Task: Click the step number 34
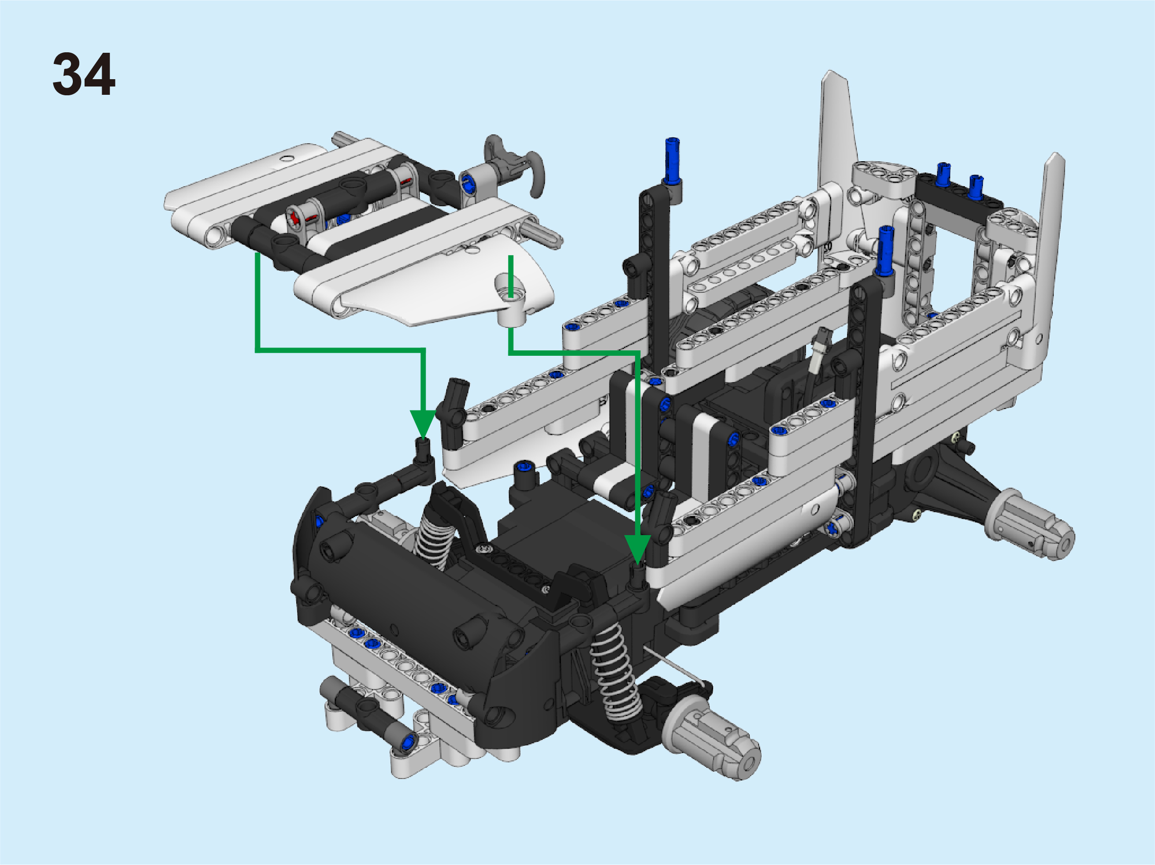pos(84,74)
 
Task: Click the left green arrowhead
pos(422,424)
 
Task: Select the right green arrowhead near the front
pos(637,550)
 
